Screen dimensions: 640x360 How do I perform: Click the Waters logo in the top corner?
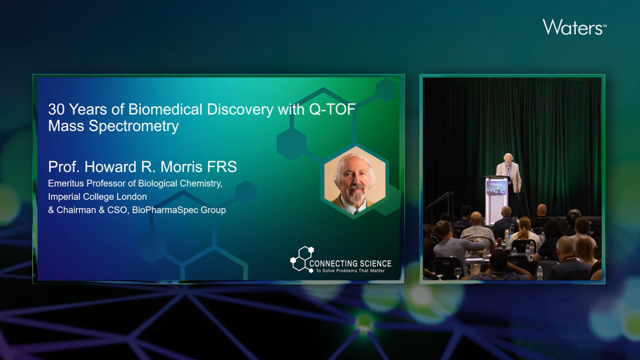[574, 27]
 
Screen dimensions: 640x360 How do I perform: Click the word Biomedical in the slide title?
[165, 109]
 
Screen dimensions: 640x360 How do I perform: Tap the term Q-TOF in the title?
[332, 109]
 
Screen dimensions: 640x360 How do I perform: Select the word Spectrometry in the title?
[133, 126]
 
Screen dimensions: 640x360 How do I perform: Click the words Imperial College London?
[97, 196]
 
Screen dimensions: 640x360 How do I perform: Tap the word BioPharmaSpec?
[165, 210]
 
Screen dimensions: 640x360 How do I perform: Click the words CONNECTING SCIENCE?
[350, 263]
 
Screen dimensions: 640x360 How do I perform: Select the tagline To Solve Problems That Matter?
[350, 270]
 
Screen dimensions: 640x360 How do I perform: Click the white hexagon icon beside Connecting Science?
[302, 259]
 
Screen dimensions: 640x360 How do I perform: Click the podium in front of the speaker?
[496, 199]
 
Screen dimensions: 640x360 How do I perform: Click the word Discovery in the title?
[240, 109]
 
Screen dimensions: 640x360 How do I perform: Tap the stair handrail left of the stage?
[439, 203]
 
